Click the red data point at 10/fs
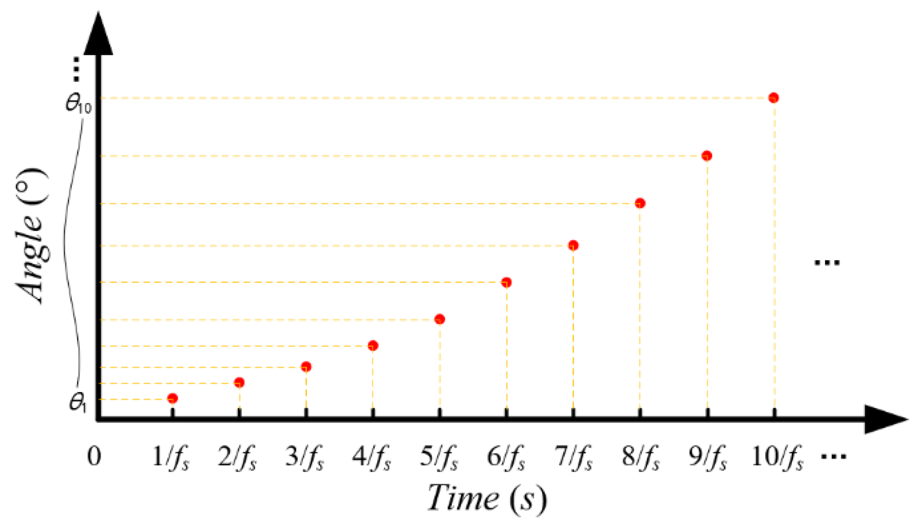[x=773, y=98]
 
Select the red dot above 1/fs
[x=172, y=399]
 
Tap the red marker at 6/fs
[x=506, y=282]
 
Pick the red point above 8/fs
[x=640, y=203]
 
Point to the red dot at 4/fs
[x=373, y=346]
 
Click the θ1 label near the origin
[x=77, y=403]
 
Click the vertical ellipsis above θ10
[x=76, y=69]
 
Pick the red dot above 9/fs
[x=707, y=156]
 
